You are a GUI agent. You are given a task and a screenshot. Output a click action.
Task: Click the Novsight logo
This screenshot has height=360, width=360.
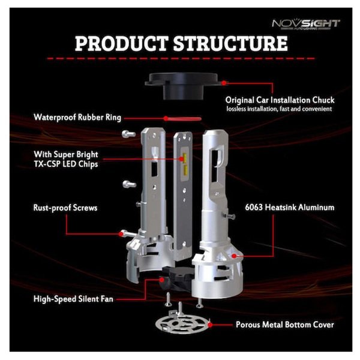coord(306,25)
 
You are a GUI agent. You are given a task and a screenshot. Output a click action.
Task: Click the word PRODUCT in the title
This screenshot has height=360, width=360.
coord(121,43)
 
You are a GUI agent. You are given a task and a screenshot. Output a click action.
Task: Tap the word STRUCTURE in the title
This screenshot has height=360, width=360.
coord(230,43)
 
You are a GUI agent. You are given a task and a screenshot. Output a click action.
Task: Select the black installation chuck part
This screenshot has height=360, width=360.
coord(181,86)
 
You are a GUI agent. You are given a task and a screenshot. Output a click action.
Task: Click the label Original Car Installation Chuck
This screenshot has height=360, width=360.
coord(280,100)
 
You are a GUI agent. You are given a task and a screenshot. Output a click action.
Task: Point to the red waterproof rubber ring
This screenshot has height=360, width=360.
coord(183,119)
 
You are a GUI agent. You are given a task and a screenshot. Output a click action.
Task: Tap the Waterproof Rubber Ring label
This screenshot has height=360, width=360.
coord(77,118)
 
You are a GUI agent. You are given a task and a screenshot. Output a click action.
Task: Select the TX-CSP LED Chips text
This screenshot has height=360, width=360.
coord(66,164)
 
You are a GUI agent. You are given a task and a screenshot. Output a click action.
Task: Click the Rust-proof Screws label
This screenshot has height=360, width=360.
coord(65,208)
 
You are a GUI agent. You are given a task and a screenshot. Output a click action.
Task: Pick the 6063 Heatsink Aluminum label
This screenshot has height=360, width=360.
coord(290,208)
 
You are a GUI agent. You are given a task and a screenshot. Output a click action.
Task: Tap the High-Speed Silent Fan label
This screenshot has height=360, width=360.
coord(73,299)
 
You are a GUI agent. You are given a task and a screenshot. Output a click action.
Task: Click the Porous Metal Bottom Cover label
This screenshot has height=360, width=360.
coord(285,325)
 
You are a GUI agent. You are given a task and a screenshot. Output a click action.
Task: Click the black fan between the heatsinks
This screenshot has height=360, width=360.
coord(177,278)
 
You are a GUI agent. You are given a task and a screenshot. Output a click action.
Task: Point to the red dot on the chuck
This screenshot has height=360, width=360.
coord(224,83)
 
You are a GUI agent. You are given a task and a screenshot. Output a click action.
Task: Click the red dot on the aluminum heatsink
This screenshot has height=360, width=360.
coord(234,256)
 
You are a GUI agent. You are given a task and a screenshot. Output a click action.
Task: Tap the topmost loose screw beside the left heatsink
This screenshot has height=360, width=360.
coord(128,134)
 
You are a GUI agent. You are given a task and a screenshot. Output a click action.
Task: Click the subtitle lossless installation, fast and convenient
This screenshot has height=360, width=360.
coord(279,109)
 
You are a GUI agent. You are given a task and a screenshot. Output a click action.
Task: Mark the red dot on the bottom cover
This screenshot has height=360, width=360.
coord(210,325)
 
